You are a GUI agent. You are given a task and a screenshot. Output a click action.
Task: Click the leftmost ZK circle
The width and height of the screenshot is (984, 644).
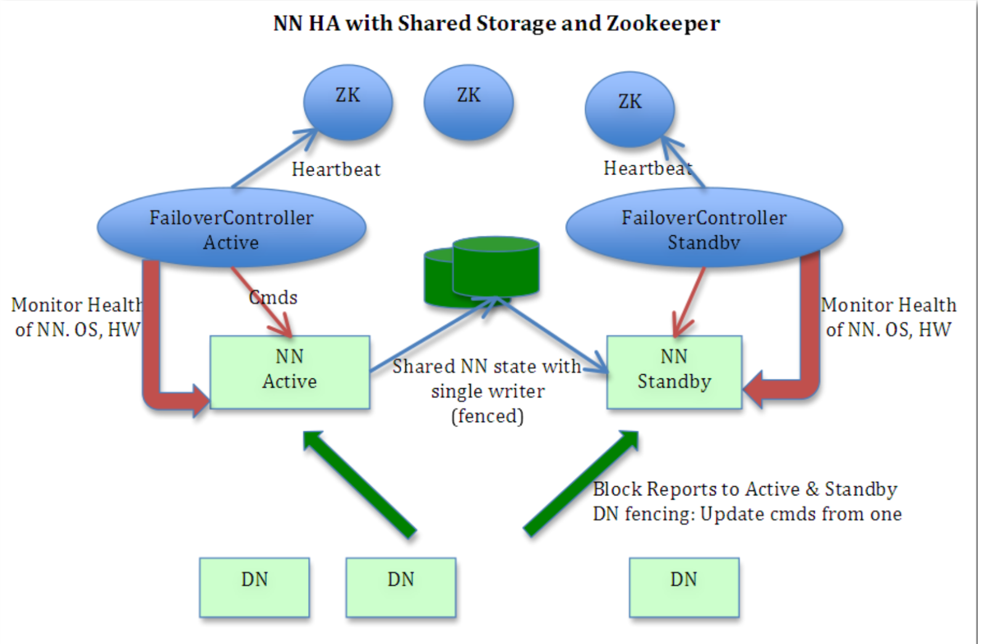point(348,102)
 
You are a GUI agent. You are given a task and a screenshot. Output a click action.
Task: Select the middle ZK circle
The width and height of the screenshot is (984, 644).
point(468,102)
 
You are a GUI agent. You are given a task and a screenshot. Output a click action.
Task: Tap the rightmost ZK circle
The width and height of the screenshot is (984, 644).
point(629,109)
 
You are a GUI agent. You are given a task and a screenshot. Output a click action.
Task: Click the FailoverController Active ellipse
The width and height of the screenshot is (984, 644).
point(231,229)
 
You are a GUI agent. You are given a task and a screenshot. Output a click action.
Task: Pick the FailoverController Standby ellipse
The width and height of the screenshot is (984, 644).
point(704,229)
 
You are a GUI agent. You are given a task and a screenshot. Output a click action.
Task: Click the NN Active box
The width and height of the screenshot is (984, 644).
point(290,371)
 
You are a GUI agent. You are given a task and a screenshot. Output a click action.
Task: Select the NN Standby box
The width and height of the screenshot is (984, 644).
point(673,371)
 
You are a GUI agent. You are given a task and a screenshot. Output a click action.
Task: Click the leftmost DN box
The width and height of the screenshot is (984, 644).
point(254,586)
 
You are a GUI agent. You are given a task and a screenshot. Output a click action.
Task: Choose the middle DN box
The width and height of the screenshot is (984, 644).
point(401,586)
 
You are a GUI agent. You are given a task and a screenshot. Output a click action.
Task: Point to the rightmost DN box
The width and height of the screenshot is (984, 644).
point(683,586)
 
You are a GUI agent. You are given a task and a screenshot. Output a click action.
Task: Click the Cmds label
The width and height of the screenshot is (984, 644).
point(273,298)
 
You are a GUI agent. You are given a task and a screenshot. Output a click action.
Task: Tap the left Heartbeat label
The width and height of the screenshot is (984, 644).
point(336,169)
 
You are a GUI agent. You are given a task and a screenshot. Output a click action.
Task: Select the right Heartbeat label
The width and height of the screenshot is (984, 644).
point(647,168)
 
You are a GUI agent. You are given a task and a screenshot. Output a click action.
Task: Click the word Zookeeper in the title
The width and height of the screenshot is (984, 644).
point(662,23)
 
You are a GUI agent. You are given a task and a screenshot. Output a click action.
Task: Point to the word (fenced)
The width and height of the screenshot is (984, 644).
point(487,416)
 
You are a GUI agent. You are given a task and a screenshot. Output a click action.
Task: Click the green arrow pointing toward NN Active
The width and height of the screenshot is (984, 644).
point(360,484)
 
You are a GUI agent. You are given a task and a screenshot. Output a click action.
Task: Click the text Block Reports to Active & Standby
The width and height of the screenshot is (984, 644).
point(744,489)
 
